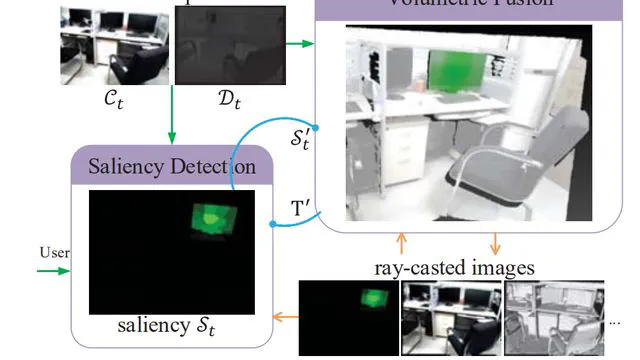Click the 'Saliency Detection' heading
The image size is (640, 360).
click(171, 165)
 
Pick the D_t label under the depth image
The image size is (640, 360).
click(229, 100)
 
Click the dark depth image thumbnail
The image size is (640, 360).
click(230, 46)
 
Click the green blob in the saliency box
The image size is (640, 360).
click(211, 219)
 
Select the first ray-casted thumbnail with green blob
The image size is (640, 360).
click(348, 318)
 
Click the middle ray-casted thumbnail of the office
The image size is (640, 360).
click(450, 318)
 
